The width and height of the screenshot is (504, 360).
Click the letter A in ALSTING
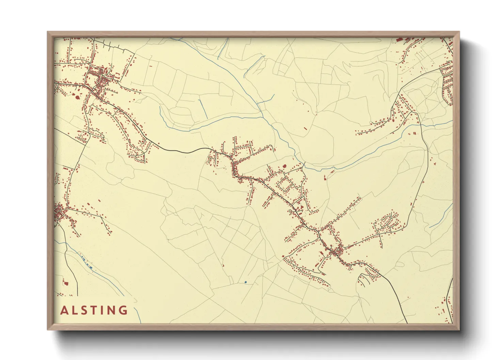[x=64, y=310]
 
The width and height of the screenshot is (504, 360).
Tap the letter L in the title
[x=75, y=310]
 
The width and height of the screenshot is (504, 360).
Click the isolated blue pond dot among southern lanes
[x=245, y=282]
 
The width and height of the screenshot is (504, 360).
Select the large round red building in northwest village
[x=77, y=98]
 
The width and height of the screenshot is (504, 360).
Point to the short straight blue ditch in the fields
[x=202, y=109]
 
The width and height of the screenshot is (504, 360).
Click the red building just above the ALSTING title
[x=65, y=282]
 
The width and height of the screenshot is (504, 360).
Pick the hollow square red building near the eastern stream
[x=414, y=133]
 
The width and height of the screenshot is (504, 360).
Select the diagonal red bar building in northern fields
[x=305, y=129]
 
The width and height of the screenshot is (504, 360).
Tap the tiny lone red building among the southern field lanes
[x=223, y=265]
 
